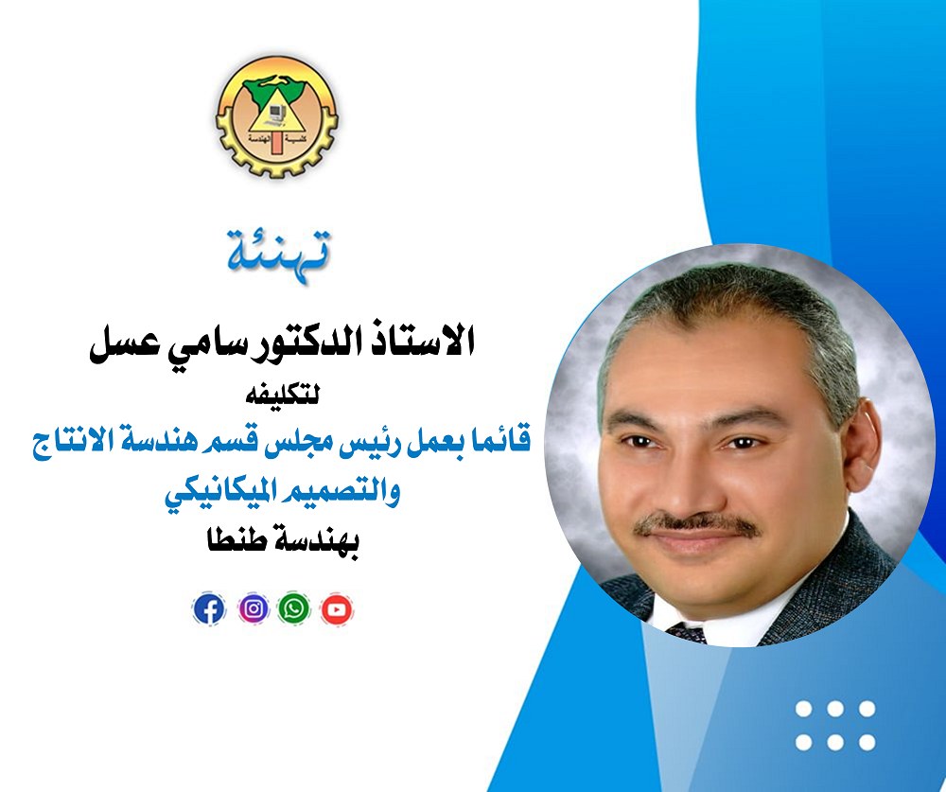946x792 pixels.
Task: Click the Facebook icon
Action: [x=209, y=608]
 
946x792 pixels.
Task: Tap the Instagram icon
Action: [x=254, y=608]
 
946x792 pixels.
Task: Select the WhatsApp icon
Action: [x=294, y=608]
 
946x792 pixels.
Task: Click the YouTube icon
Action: [x=337, y=609]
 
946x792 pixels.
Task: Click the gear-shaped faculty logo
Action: [x=277, y=116]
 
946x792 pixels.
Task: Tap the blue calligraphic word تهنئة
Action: [x=279, y=255]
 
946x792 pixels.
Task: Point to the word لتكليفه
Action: [x=282, y=396]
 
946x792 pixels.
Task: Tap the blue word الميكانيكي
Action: [x=219, y=494]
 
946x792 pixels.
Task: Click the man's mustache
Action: [x=697, y=525]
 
